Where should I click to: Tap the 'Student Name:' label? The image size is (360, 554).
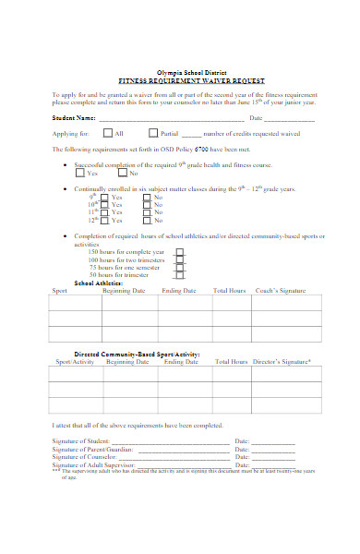tap(73, 118)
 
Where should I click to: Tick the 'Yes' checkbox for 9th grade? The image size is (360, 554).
tap(103, 197)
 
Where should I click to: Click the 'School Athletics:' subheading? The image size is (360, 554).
tap(99, 283)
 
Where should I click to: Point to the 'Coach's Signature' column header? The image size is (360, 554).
tap(280, 291)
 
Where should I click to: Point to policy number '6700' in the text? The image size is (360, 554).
tap(192, 149)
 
